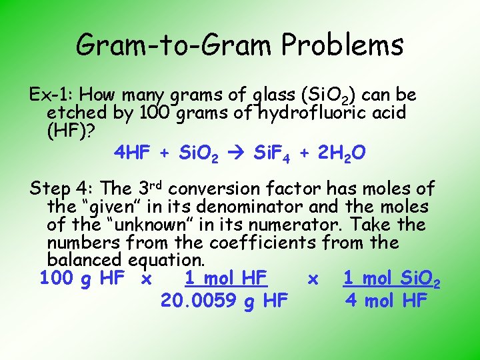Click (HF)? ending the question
tap(71, 130)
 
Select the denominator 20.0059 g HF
tap(224, 301)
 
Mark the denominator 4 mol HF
tap(386, 301)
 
